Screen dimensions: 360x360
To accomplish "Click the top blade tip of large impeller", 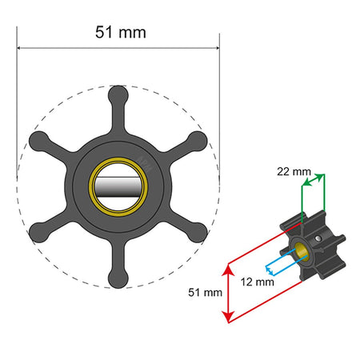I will pos(117,93).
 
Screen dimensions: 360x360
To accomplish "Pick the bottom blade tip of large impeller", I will pos(117,279).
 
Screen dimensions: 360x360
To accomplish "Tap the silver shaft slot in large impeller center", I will pos(117,186).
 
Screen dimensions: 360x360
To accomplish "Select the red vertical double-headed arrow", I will pos(230,292).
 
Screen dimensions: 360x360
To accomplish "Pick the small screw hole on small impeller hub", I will pos(320,238).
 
